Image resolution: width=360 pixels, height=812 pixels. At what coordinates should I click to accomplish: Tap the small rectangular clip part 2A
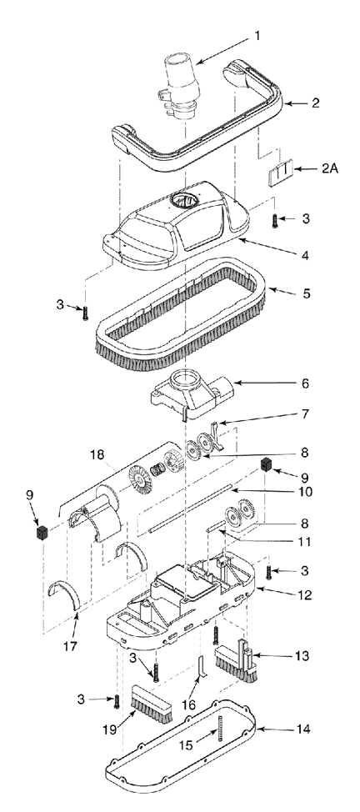(x=277, y=175)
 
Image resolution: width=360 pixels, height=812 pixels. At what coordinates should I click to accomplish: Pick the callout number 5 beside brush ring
(x=306, y=294)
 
